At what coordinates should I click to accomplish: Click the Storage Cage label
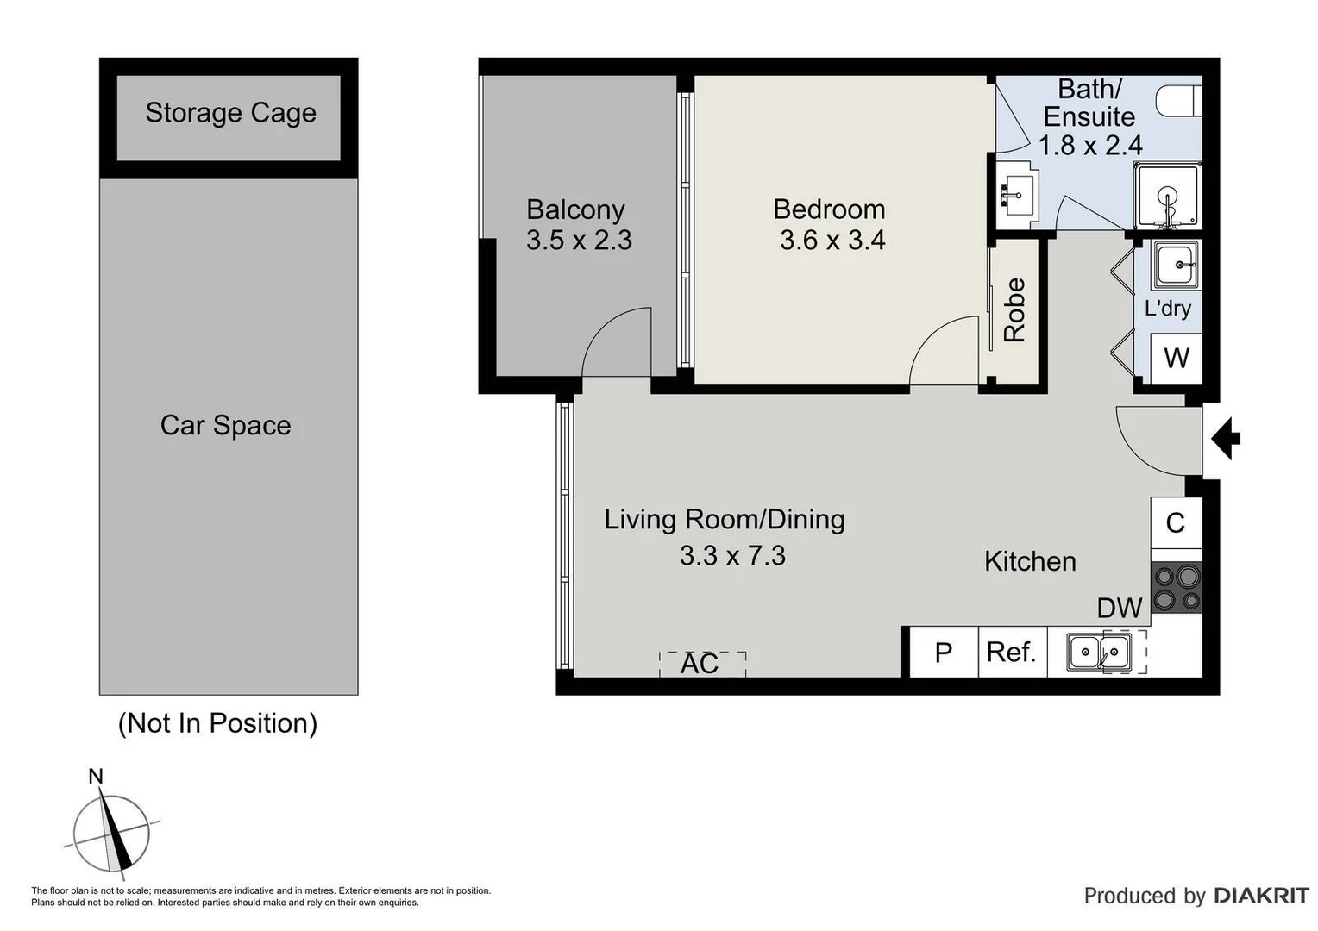(x=230, y=113)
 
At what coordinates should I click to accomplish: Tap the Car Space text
(x=225, y=426)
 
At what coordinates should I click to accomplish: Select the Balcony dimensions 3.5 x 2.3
(x=579, y=241)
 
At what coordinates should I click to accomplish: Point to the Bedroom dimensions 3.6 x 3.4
(x=832, y=241)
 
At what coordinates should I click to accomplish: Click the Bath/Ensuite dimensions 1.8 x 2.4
(x=1090, y=146)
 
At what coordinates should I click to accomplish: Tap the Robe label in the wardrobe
(x=1014, y=310)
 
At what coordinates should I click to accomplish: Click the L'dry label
(x=1167, y=309)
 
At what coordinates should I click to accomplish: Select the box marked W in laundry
(x=1177, y=358)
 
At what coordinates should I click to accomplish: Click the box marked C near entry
(x=1176, y=523)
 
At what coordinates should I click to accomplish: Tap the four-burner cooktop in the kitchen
(x=1176, y=587)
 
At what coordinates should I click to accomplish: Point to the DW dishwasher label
(x=1119, y=609)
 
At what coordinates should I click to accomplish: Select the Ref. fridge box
(x=1012, y=653)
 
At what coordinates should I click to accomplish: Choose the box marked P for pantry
(x=944, y=653)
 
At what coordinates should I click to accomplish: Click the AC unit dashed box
(x=702, y=664)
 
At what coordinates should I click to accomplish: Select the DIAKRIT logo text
(x=1261, y=896)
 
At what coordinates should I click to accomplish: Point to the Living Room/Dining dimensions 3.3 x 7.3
(x=732, y=556)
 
